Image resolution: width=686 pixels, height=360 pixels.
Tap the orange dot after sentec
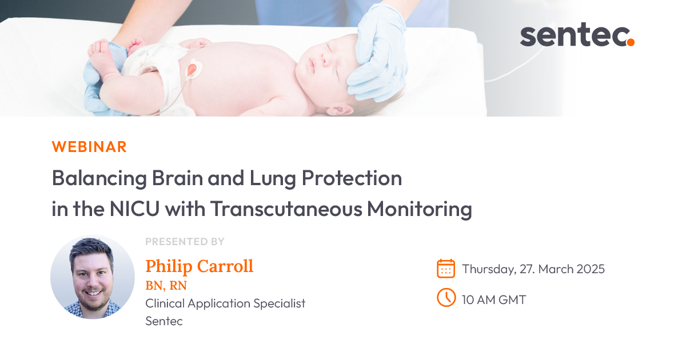pos(630,42)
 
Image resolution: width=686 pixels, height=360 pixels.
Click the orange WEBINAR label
pos(89,147)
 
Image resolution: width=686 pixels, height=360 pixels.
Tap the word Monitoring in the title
pos(419,209)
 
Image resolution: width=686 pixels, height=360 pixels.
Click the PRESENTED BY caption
pos(185,242)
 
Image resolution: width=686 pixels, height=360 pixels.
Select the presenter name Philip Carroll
pos(199,266)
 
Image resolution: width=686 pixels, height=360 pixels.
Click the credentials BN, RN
pos(166,285)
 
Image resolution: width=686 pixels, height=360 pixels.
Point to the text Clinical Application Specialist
pos(225,303)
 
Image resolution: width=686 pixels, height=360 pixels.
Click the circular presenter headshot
pos(93,277)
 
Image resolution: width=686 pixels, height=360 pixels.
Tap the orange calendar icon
pos(446,269)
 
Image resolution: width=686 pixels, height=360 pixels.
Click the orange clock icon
pos(446,298)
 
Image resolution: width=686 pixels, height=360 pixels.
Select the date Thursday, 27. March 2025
pos(533,269)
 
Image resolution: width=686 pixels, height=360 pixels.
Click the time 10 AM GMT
pos(494,299)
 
